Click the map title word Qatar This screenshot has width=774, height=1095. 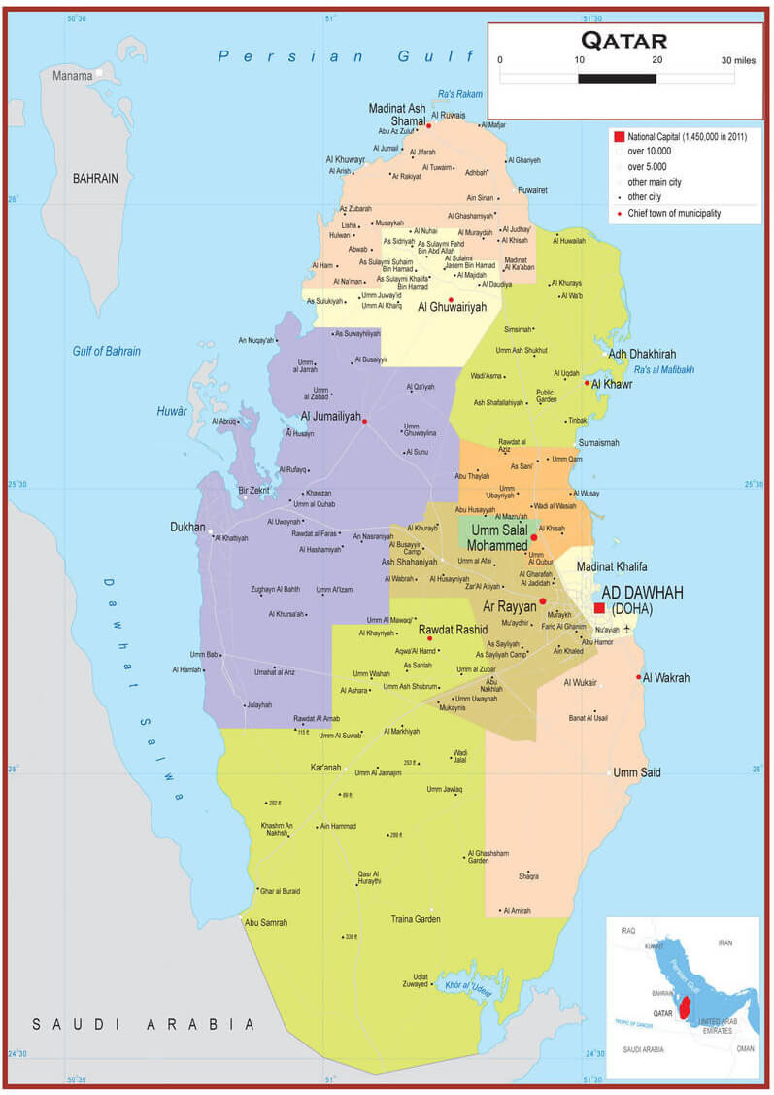623,40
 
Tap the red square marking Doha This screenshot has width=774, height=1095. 599,607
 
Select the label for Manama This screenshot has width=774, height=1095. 72,76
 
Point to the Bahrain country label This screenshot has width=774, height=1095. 95,179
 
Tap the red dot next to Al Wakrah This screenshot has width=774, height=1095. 639,677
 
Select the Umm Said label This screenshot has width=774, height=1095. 638,772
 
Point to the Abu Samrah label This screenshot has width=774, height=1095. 266,923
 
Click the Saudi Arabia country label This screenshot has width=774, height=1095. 143,1024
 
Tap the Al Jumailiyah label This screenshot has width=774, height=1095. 330,417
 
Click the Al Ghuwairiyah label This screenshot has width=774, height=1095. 452,307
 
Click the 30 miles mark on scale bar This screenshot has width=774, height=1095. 737,60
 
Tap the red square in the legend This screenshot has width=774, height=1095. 618,137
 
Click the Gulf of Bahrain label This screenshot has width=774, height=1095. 107,351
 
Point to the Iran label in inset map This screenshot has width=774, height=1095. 724,942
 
